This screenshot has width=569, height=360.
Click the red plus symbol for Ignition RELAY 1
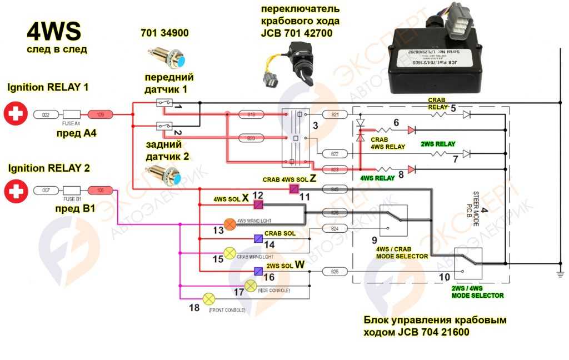[15, 114]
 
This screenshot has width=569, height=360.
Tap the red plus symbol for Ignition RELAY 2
[15, 192]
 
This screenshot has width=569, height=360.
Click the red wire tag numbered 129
[100, 114]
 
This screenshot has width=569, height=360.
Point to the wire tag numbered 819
[251, 114]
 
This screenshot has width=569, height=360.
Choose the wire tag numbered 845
[335, 189]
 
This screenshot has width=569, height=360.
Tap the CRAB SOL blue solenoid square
[258, 239]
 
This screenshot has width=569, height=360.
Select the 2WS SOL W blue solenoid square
[258, 271]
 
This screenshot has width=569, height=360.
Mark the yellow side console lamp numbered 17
[250, 286]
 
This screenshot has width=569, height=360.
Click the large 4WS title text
[54, 32]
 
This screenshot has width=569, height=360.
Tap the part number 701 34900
[164, 34]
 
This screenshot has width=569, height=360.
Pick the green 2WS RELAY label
[438, 144]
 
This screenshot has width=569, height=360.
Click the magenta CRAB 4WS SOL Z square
[294, 189]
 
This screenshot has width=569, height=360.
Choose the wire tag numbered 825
[335, 272]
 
